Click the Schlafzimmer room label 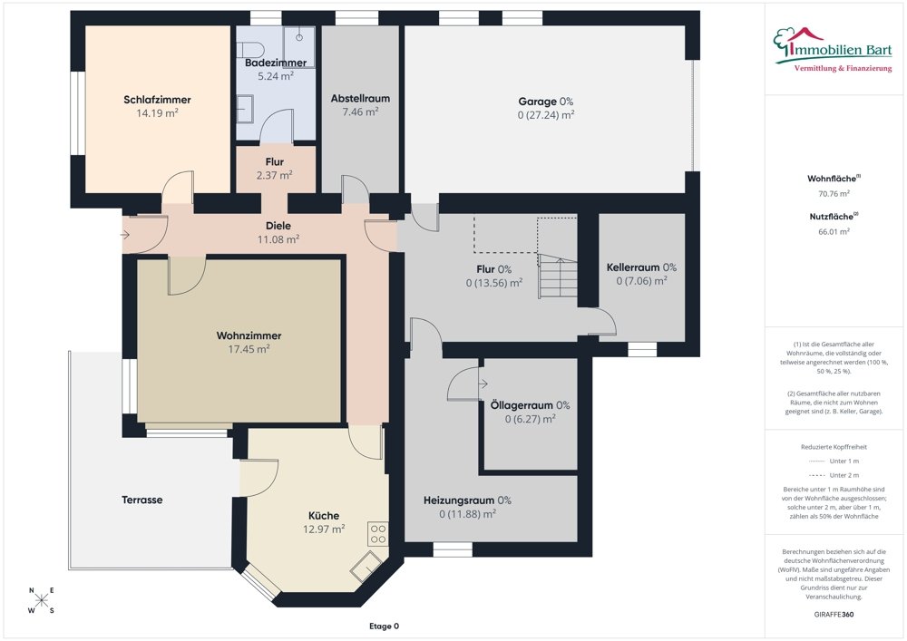[157, 100]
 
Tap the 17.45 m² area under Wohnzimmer [249, 349]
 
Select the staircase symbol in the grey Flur [558, 277]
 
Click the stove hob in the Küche [377, 534]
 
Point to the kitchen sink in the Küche [366, 566]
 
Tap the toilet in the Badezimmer [250, 49]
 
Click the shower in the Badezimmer [299, 45]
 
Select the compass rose [42, 600]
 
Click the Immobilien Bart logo [833, 50]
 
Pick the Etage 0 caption [384, 626]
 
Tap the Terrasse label [141, 500]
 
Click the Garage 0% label [545, 102]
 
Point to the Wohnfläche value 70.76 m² [834, 194]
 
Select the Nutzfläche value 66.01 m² [834, 231]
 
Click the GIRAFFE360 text [834, 615]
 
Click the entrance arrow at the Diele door [124, 235]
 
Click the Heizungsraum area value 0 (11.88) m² [467, 514]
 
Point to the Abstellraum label [360, 99]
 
